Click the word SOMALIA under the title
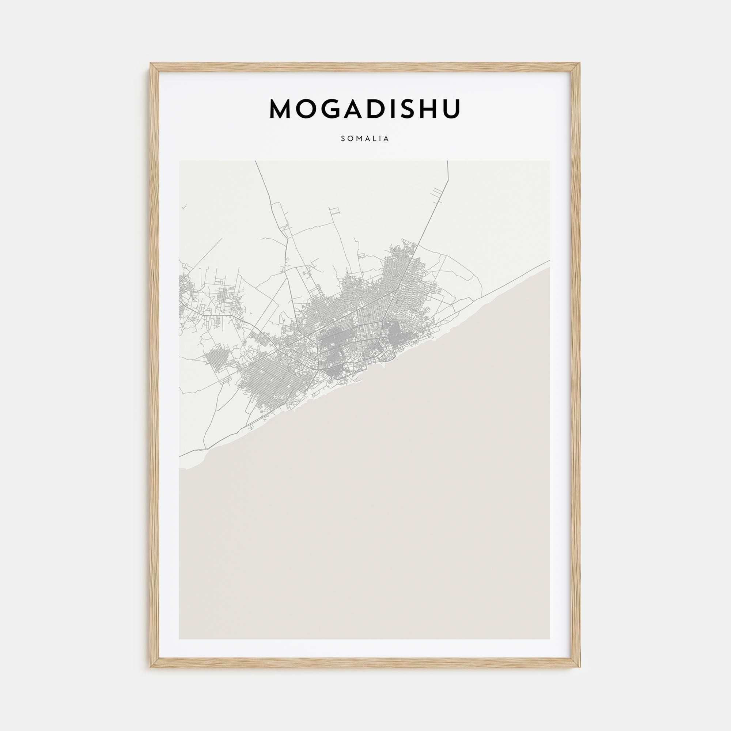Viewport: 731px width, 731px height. [365, 139]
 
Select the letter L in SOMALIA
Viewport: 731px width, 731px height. [375, 139]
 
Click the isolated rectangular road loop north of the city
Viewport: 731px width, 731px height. [334, 212]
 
